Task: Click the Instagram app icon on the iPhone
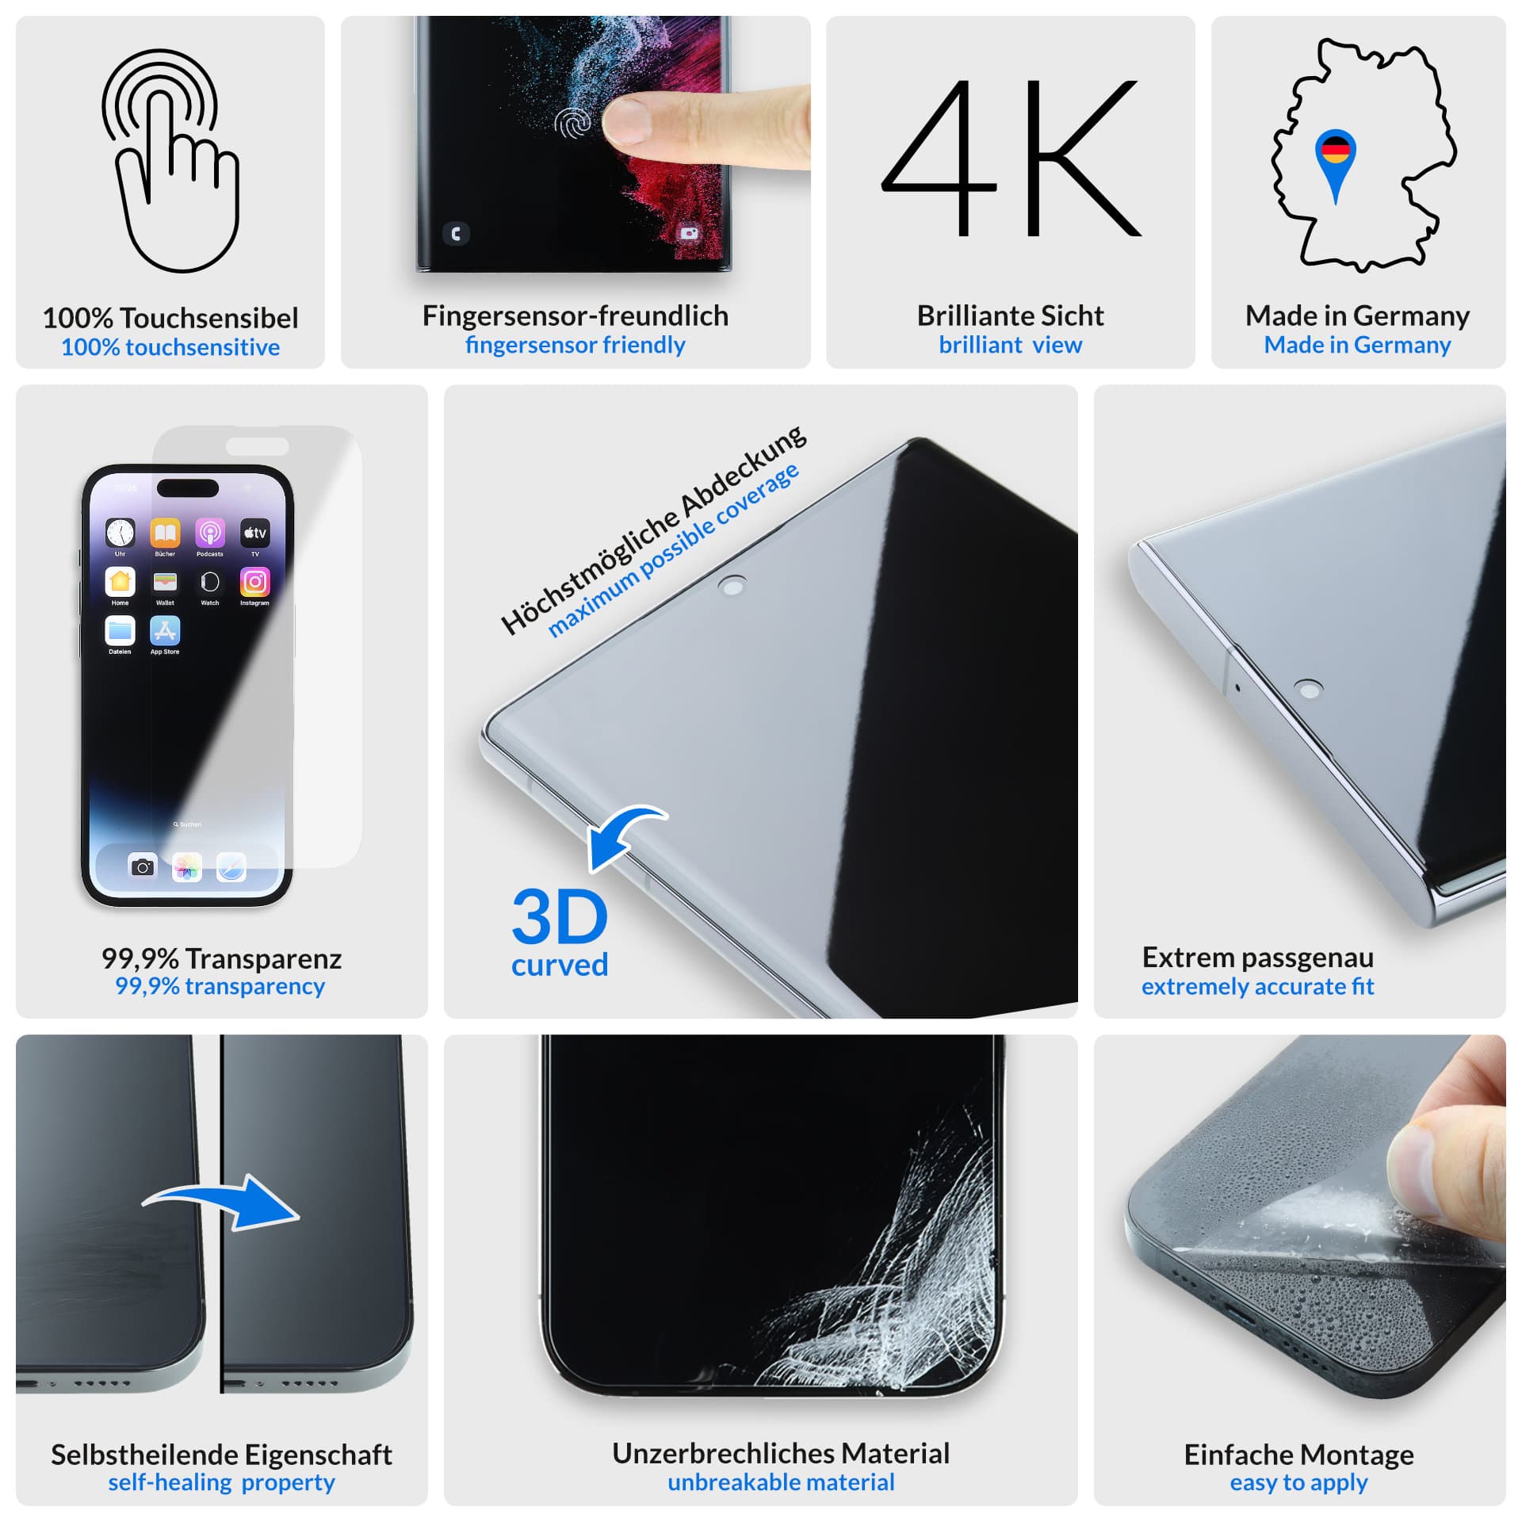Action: point(254,583)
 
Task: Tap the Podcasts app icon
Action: point(210,533)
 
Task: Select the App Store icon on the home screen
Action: point(165,631)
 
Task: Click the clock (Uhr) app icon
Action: point(120,533)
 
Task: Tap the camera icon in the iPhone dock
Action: point(143,867)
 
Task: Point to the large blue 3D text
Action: point(560,916)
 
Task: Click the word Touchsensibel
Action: point(209,319)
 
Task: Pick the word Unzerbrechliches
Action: point(723,1454)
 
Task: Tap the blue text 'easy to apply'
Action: point(1298,1482)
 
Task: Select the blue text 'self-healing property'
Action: point(221,1482)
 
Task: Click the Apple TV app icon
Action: point(254,533)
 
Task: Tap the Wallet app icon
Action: point(165,583)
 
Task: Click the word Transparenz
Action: point(263,959)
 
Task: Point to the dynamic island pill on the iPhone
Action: point(188,488)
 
